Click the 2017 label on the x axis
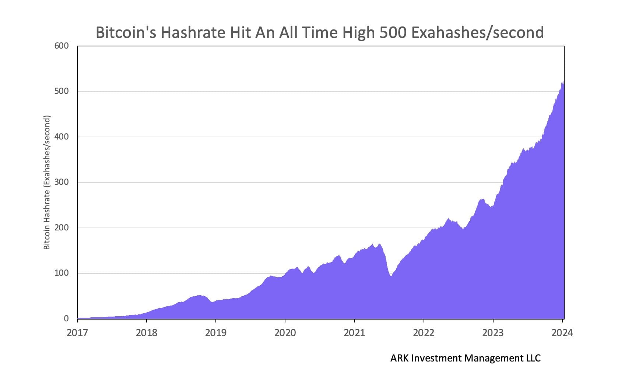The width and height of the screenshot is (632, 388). [77, 333]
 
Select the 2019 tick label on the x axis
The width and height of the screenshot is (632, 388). [215, 333]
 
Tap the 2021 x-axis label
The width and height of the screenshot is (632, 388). [354, 333]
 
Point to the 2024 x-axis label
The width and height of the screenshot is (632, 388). [562, 333]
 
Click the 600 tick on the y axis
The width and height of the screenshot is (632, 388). [62, 46]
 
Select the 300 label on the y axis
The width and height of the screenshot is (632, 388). [62, 182]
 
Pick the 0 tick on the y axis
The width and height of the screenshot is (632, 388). [66, 319]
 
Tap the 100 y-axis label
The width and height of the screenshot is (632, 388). [62, 273]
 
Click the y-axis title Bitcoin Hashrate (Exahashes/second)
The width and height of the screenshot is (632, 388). [47, 183]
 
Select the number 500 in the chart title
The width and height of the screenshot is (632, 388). [393, 32]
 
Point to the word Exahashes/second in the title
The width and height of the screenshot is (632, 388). [477, 32]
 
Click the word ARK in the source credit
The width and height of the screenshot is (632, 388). [399, 358]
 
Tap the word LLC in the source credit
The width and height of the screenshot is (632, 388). [533, 358]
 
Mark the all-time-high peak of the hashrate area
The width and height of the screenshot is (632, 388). [563, 80]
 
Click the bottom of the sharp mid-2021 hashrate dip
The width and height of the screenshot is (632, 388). [391, 275]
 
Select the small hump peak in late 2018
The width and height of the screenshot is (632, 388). [199, 295]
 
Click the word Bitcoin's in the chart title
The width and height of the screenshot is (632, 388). [126, 32]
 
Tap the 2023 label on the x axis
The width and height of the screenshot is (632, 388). [493, 333]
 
